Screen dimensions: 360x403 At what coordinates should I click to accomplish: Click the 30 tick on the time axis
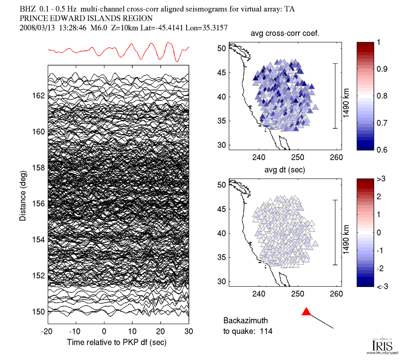(x=189, y=331)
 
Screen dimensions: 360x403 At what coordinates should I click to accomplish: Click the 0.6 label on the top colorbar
(x=383, y=150)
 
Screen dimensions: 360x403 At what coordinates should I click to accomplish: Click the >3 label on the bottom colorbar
(x=383, y=179)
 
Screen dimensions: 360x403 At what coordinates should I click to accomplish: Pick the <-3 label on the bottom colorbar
(x=383, y=287)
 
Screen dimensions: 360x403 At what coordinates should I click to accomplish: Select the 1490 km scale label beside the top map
(x=346, y=96)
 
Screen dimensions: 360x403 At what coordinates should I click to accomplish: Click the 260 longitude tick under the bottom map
(x=336, y=294)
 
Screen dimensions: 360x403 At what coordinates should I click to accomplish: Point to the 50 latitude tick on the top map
(x=222, y=49)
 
